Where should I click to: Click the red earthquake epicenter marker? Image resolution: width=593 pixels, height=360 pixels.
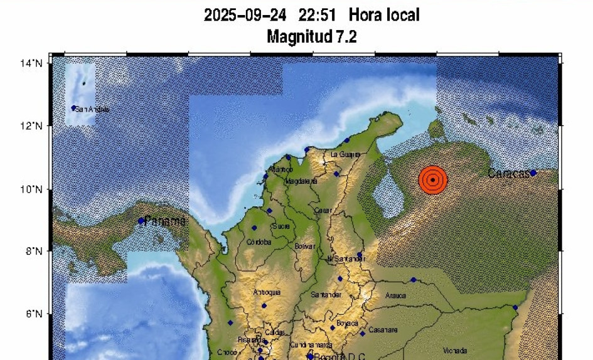tap(433, 180)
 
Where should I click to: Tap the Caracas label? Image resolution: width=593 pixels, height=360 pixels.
tap(508, 174)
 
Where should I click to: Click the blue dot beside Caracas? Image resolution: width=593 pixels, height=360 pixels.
tap(533, 173)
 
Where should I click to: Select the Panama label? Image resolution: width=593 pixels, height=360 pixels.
tap(165, 221)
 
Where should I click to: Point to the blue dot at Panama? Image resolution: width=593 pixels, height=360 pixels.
tap(141, 221)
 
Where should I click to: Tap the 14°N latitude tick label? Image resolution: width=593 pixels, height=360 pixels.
tap(33, 63)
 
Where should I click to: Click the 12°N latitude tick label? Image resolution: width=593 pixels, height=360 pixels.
tap(33, 125)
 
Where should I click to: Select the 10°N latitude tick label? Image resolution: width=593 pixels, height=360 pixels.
tap(33, 188)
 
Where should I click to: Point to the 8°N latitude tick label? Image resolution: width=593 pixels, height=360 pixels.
tap(35, 251)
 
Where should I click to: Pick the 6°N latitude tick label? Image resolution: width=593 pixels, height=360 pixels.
tap(35, 314)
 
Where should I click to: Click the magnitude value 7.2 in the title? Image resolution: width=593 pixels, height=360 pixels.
tap(345, 37)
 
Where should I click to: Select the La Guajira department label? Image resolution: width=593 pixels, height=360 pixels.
tap(345, 154)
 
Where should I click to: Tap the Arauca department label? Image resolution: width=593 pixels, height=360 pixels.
tap(395, 295)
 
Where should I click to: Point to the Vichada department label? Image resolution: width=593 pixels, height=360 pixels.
tap(455, 350)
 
